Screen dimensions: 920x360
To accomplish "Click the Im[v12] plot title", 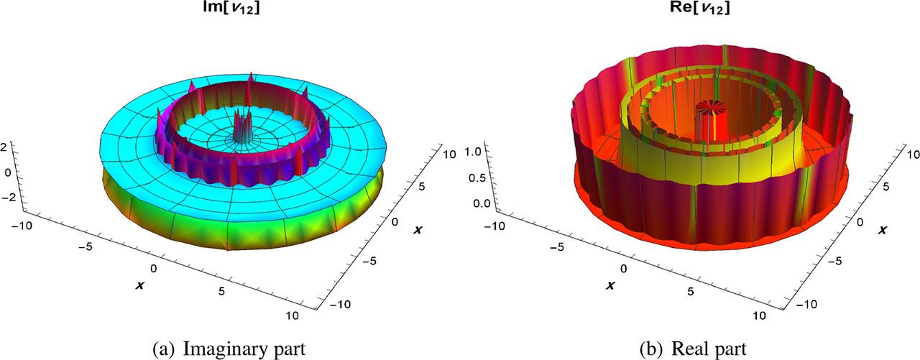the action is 231,8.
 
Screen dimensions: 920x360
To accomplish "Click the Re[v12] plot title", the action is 700,8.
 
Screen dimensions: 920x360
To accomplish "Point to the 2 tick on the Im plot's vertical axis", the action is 4,147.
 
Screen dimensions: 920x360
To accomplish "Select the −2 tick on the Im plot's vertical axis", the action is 9,198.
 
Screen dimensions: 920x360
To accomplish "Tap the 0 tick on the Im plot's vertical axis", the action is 8,172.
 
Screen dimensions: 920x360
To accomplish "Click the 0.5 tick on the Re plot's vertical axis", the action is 477,177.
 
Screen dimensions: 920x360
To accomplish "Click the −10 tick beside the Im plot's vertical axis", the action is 22,225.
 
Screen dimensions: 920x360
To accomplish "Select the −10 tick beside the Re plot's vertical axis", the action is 493,226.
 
